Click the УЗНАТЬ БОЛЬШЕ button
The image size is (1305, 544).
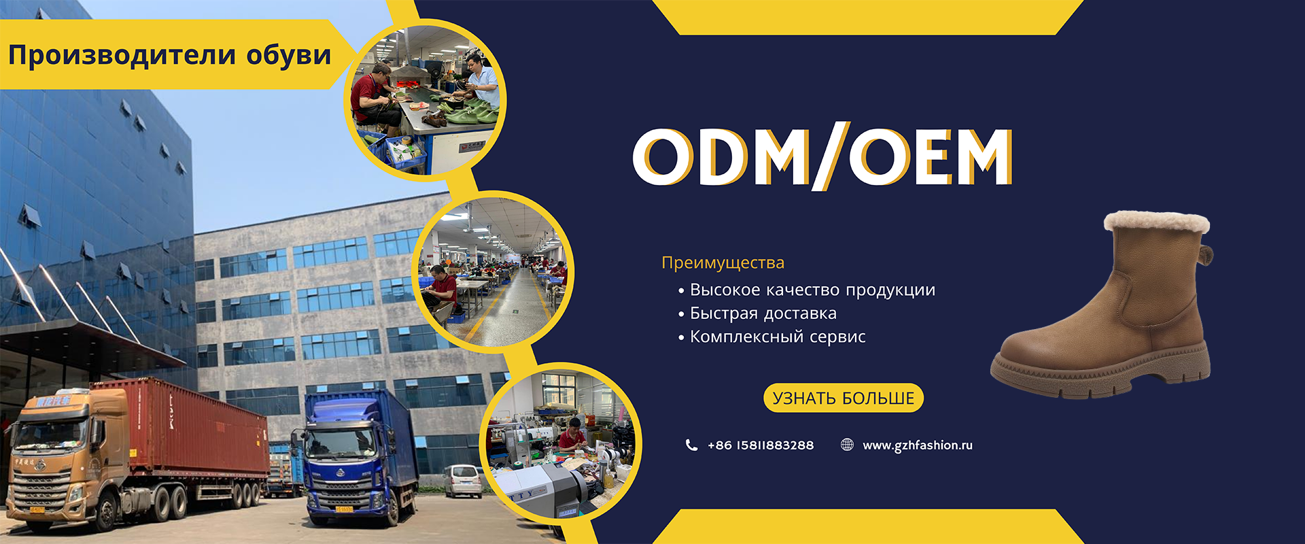(x=843, y=398)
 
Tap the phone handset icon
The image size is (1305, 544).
(x=691, y=445)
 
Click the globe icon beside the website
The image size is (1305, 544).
(x=847, y=445)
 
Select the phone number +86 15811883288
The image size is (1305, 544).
(x=761, y=445)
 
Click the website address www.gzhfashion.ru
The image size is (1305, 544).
(x=918, y=445)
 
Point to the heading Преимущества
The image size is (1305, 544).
(x=723, y=262)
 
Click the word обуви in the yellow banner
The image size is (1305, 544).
(x=289, y=55)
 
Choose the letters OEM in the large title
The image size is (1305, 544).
(x=931, y=156)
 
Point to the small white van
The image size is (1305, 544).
(x=462, y=480)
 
